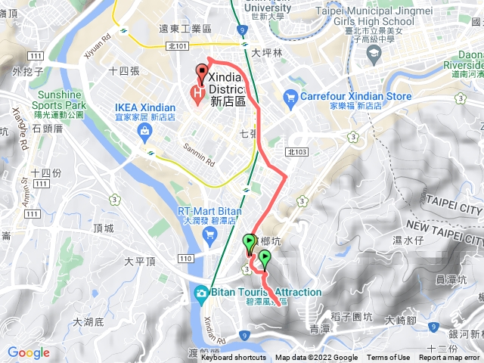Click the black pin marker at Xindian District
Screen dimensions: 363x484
[x=202, y=73]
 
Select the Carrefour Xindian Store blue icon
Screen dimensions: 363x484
[x=290, y=96]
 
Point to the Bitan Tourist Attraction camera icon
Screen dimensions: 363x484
[x=202, y=293]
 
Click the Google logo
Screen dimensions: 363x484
[x=29, y=352]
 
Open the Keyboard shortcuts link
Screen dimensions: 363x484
[x=233, y=358]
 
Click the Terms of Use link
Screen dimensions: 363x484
[x=389, y=358]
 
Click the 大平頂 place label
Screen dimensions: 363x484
[x=139, y=261]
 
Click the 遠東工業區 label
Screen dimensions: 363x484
[x=185, y=29]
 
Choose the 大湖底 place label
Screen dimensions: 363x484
[x=88, y=322]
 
